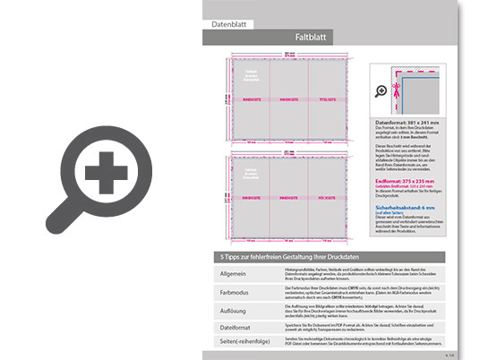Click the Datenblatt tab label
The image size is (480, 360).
tap(231, 25)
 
